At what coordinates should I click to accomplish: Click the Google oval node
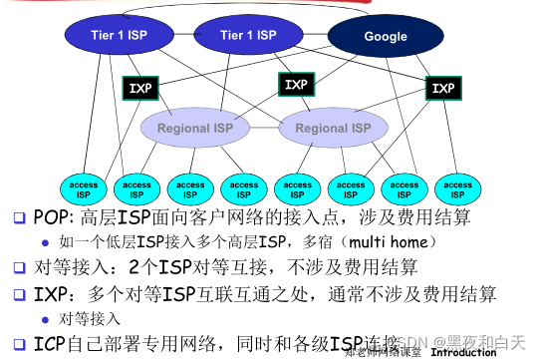tap(385, 37)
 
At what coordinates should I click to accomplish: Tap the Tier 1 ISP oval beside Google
tap(248, 36)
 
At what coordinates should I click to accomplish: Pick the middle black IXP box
tap(296, 85)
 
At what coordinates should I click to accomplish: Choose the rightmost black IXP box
tap(441, 89)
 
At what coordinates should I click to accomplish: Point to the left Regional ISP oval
tap(196, 129)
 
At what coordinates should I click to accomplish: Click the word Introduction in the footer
tap(463, 352)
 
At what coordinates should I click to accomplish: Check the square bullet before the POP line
tap(19, 217)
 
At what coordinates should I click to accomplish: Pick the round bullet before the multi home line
tap(45, 242)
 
